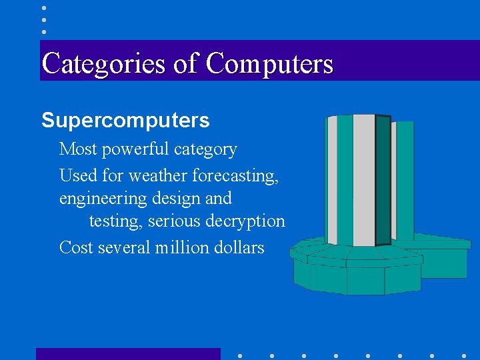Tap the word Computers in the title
269,64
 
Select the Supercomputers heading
125,121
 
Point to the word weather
159,176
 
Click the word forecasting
235,176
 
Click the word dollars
239,247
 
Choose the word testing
116,221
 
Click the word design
179,199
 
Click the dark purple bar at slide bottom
128,354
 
